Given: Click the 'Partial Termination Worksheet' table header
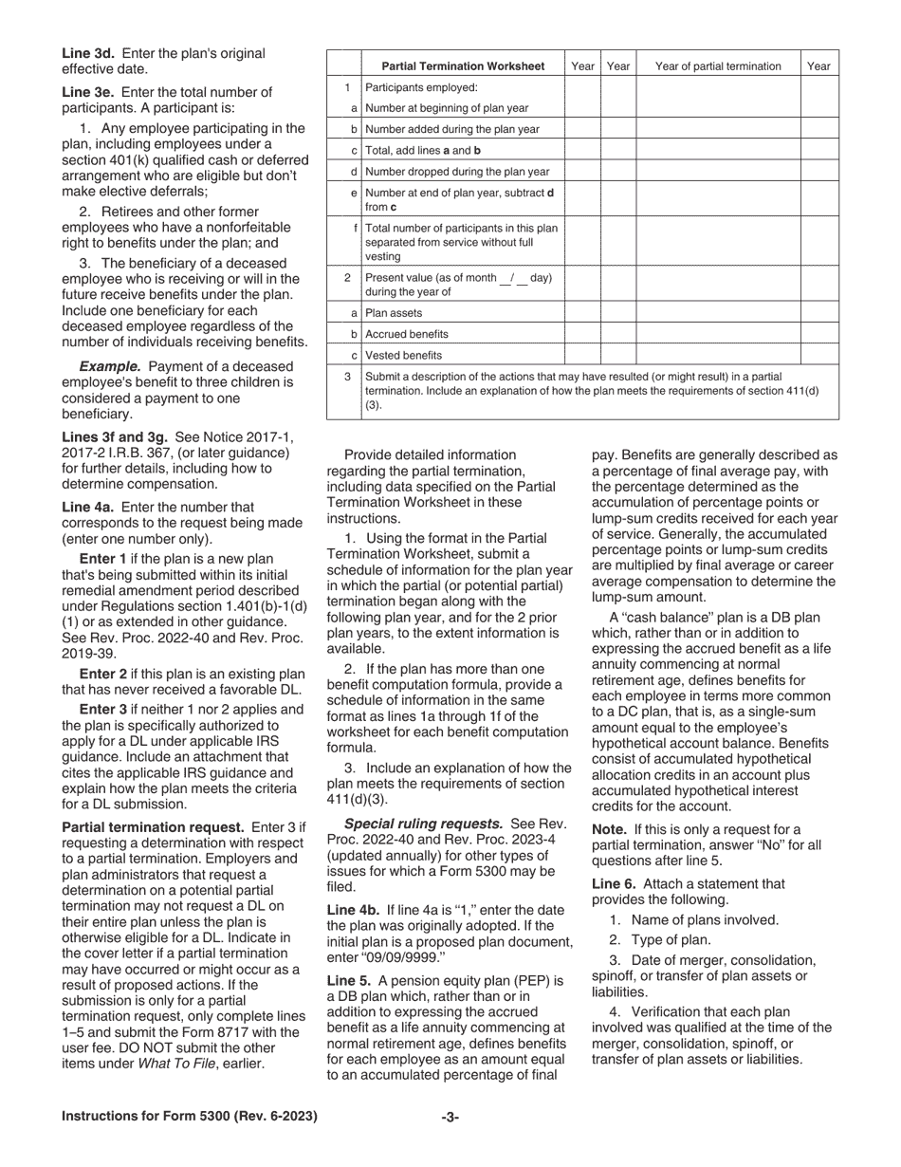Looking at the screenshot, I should point(463,66).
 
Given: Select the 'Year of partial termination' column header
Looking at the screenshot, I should point(718,66).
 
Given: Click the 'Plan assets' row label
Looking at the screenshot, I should point(394,313).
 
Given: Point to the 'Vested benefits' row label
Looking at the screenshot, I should point(403,356).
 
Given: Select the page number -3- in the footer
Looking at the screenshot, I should point(450,1117).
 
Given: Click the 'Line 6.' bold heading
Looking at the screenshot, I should point(615,883).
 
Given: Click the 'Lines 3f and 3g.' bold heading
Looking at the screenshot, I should point(115,435).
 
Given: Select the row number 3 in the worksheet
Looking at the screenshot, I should point(347,377).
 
